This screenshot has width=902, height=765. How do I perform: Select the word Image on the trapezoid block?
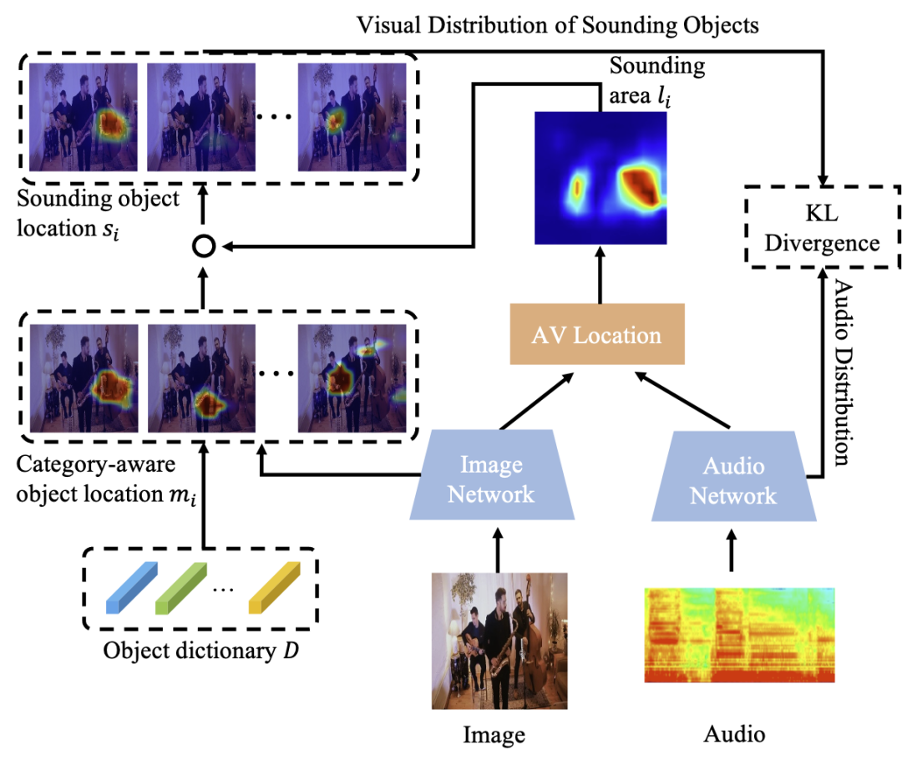[491, 465]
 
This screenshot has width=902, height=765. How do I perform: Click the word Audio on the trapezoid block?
[733, 466]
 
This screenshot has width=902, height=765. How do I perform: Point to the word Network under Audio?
[733, 496]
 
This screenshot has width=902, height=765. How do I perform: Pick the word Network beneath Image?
[491, 494]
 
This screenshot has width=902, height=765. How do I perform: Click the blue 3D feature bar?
[131, 588]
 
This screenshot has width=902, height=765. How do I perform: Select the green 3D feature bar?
[180, 588]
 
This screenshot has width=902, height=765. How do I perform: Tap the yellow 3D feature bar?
[274, 588]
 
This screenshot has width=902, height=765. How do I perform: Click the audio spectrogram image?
[739, 635]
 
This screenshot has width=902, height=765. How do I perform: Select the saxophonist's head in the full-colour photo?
[499, 597]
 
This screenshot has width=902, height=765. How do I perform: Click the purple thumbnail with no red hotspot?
[201, 117]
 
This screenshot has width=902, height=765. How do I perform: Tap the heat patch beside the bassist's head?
[369, 347]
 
